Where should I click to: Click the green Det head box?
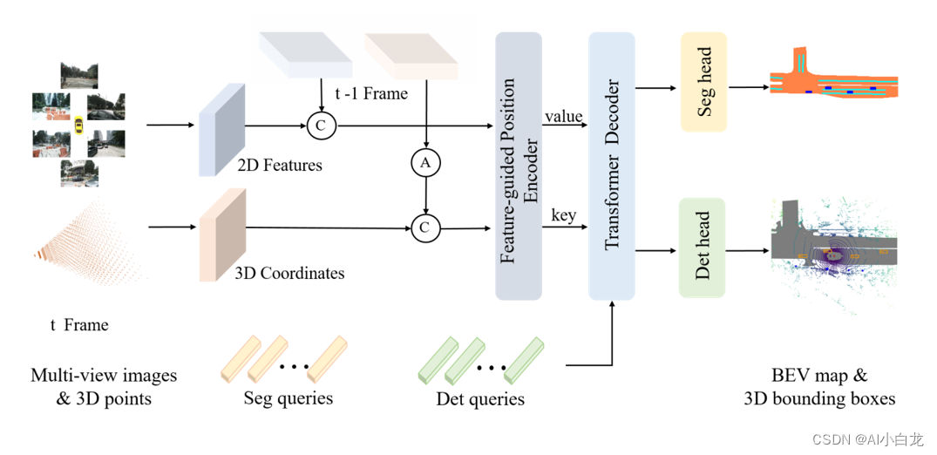[703, 247]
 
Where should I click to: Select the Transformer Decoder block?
[613, 166]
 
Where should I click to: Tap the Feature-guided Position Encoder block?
[519, 166]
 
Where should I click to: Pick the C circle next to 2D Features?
[321, 126]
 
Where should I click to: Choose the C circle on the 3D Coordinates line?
[424, 228]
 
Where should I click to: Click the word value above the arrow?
[564, 116]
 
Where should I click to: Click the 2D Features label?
[279, 165]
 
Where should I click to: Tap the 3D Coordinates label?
[289, 273]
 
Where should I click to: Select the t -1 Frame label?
[371, 93]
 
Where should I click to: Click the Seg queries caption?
[288, 398]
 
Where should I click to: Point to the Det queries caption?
[480, 399]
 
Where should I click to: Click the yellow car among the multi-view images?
[78, 127]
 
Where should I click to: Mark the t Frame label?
[79, 325]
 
